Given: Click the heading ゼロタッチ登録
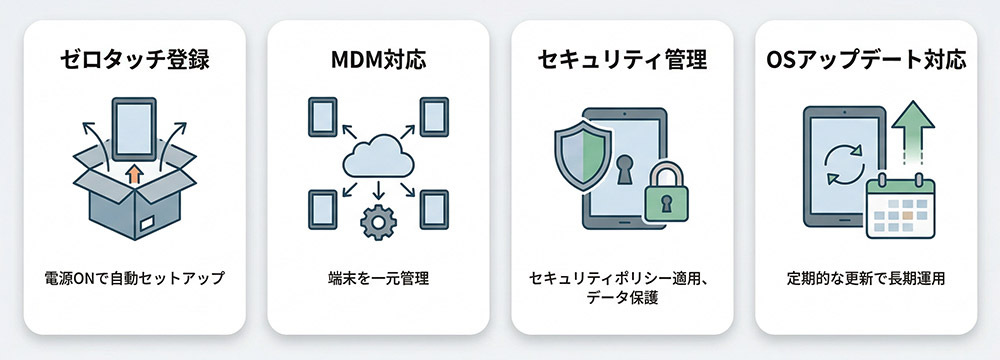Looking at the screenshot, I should tap(133, 59).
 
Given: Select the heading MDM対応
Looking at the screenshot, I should tap(377, 59).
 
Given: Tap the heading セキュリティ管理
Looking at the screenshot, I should tap(622, 59).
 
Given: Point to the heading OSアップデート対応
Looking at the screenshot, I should tap(866, 59).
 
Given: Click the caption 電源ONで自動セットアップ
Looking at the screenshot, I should tap(133, 278).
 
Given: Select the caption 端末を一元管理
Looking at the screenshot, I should tap(377, 278).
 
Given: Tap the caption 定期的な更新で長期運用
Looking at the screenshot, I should tap(866, 278).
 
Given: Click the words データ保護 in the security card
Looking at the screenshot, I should tap(622, 297).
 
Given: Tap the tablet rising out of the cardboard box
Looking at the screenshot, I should tap(135, 127).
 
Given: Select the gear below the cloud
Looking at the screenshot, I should tap(377, 221).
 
